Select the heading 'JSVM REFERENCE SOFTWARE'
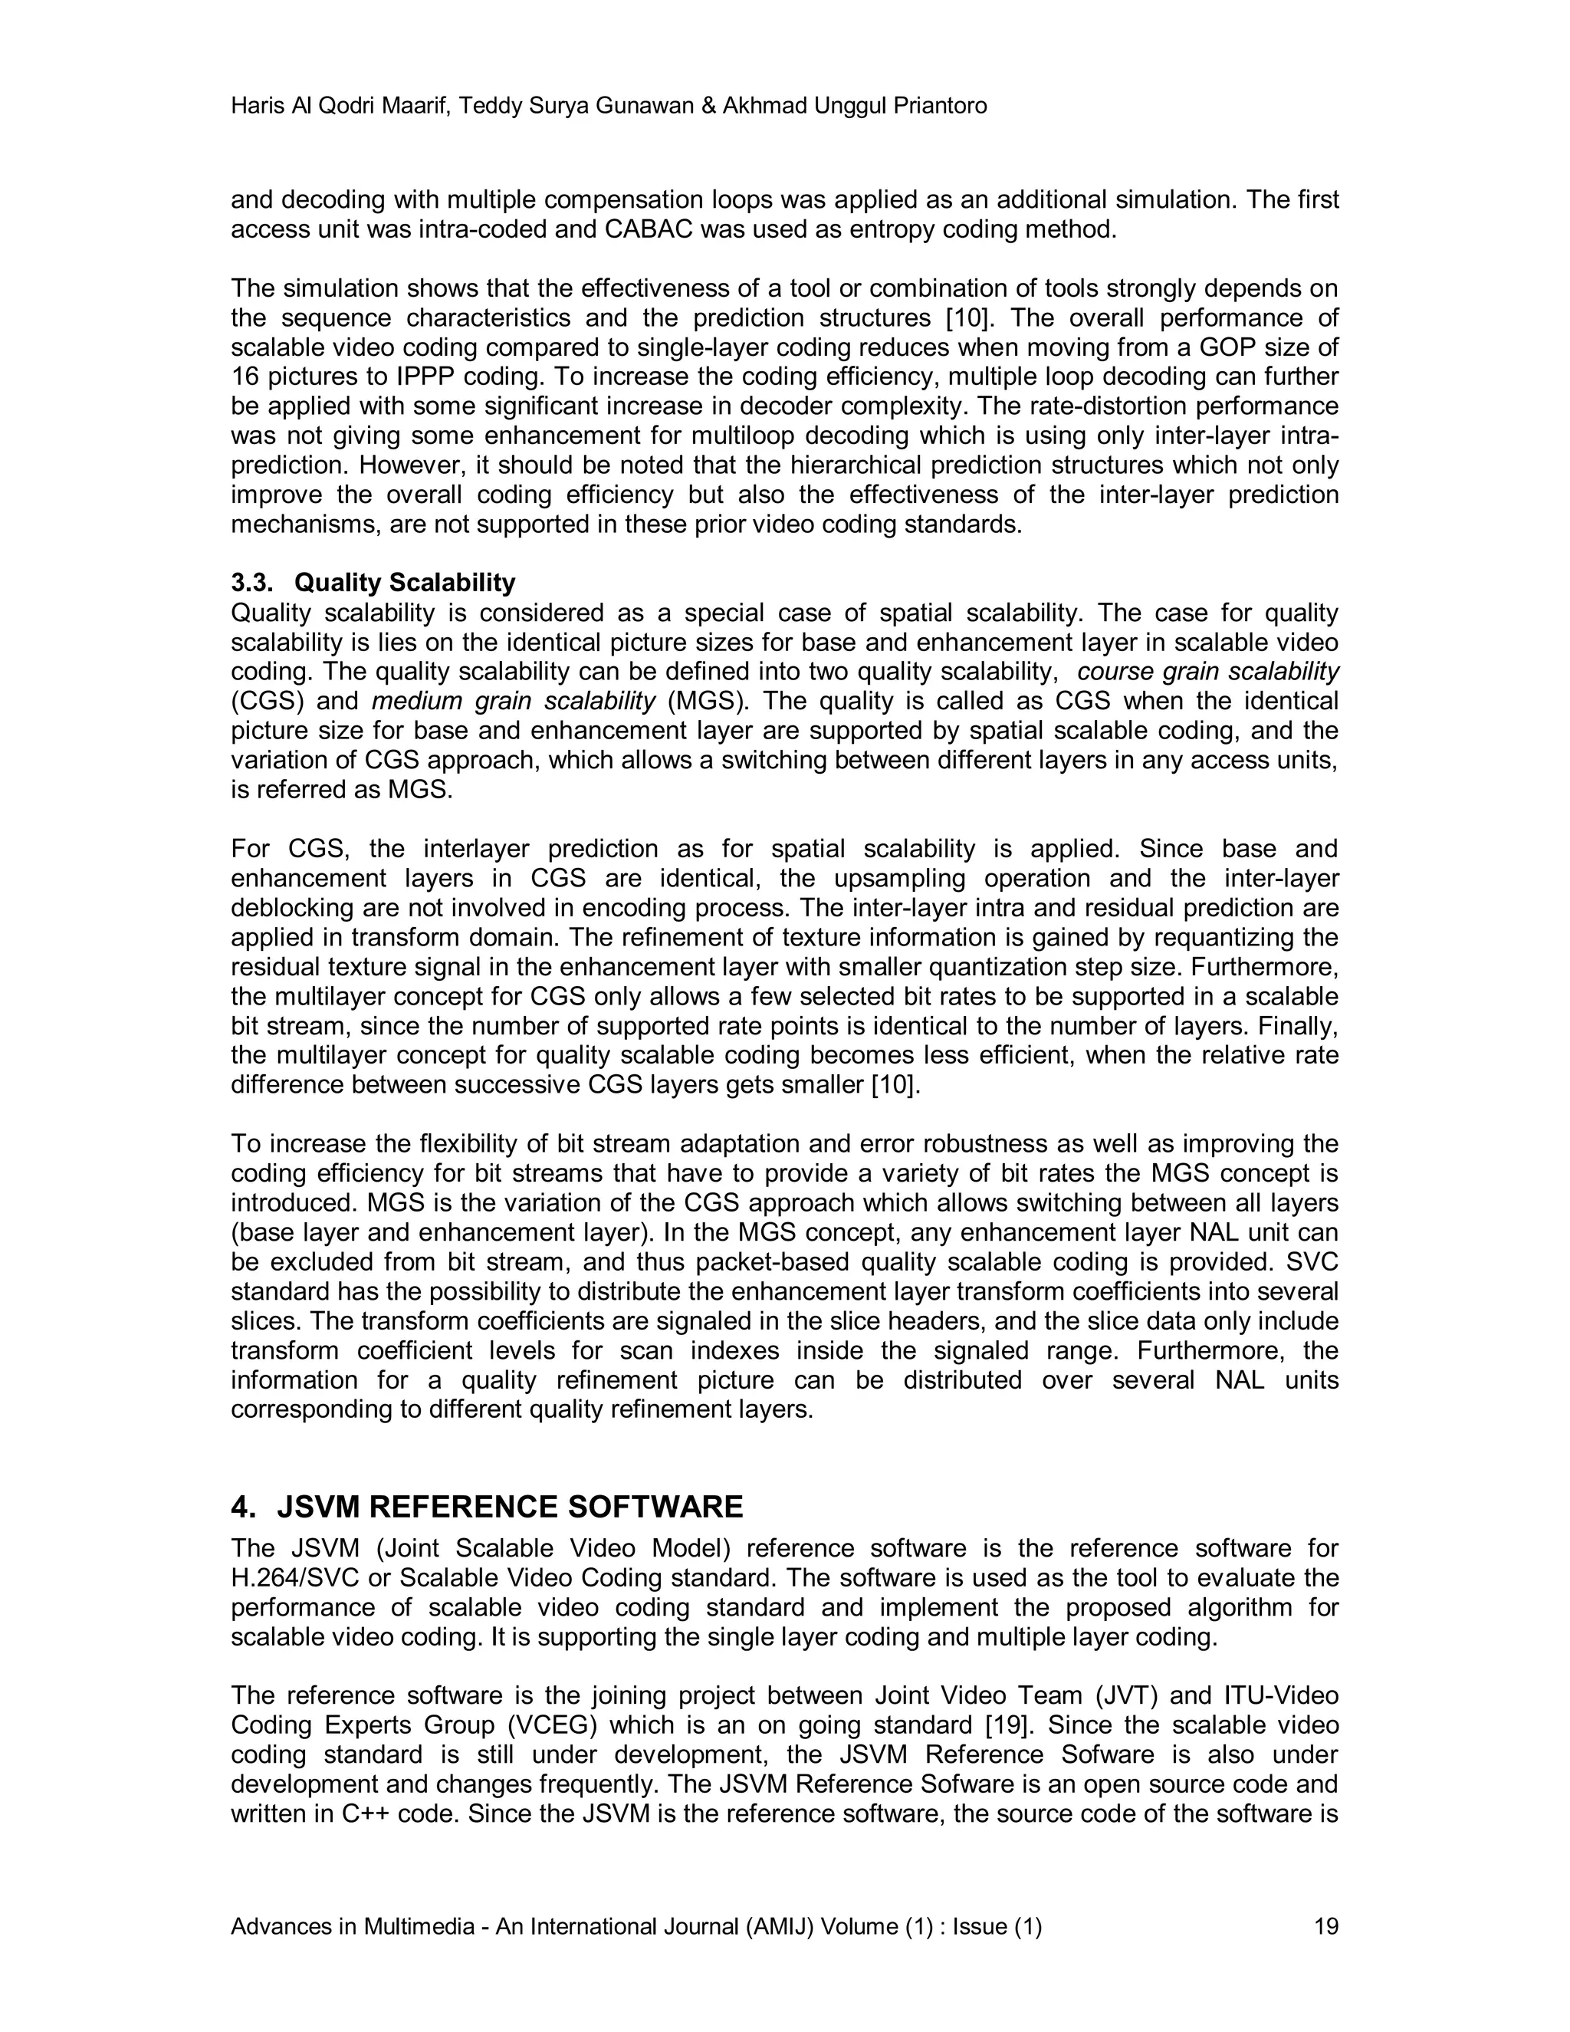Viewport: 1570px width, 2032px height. click(x=510, y=1506)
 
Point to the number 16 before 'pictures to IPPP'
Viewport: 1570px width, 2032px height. click(x=245, y=376)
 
